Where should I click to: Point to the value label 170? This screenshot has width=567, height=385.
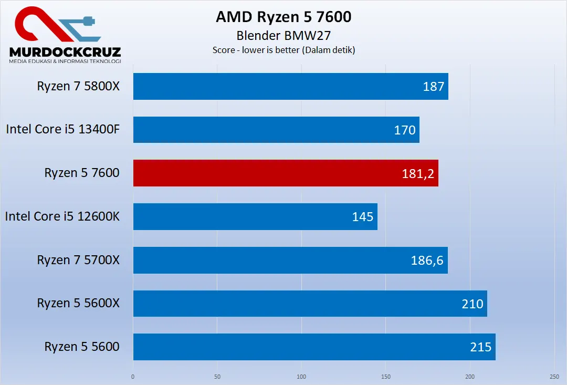(405, 130)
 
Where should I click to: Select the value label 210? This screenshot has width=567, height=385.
(472, 304)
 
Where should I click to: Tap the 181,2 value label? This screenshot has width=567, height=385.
(418, 173)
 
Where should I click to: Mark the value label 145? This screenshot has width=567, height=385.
(363, 216)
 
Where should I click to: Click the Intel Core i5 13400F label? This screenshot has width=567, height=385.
(63, 129)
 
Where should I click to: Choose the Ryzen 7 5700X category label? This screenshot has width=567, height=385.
(78, 260)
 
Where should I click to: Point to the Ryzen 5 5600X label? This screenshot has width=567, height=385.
(78, 303)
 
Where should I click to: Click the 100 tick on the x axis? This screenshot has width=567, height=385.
(301, 377)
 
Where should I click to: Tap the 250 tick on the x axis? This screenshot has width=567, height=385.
(554, 377)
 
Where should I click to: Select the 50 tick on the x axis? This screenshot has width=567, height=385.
(217, 377)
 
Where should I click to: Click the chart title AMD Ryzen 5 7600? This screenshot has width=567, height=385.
(283, 17)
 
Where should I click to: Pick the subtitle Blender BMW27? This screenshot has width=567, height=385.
(283, 36)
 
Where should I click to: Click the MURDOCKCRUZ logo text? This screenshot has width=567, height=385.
(65, 51)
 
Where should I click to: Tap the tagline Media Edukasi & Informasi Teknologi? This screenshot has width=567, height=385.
(65, 61)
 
